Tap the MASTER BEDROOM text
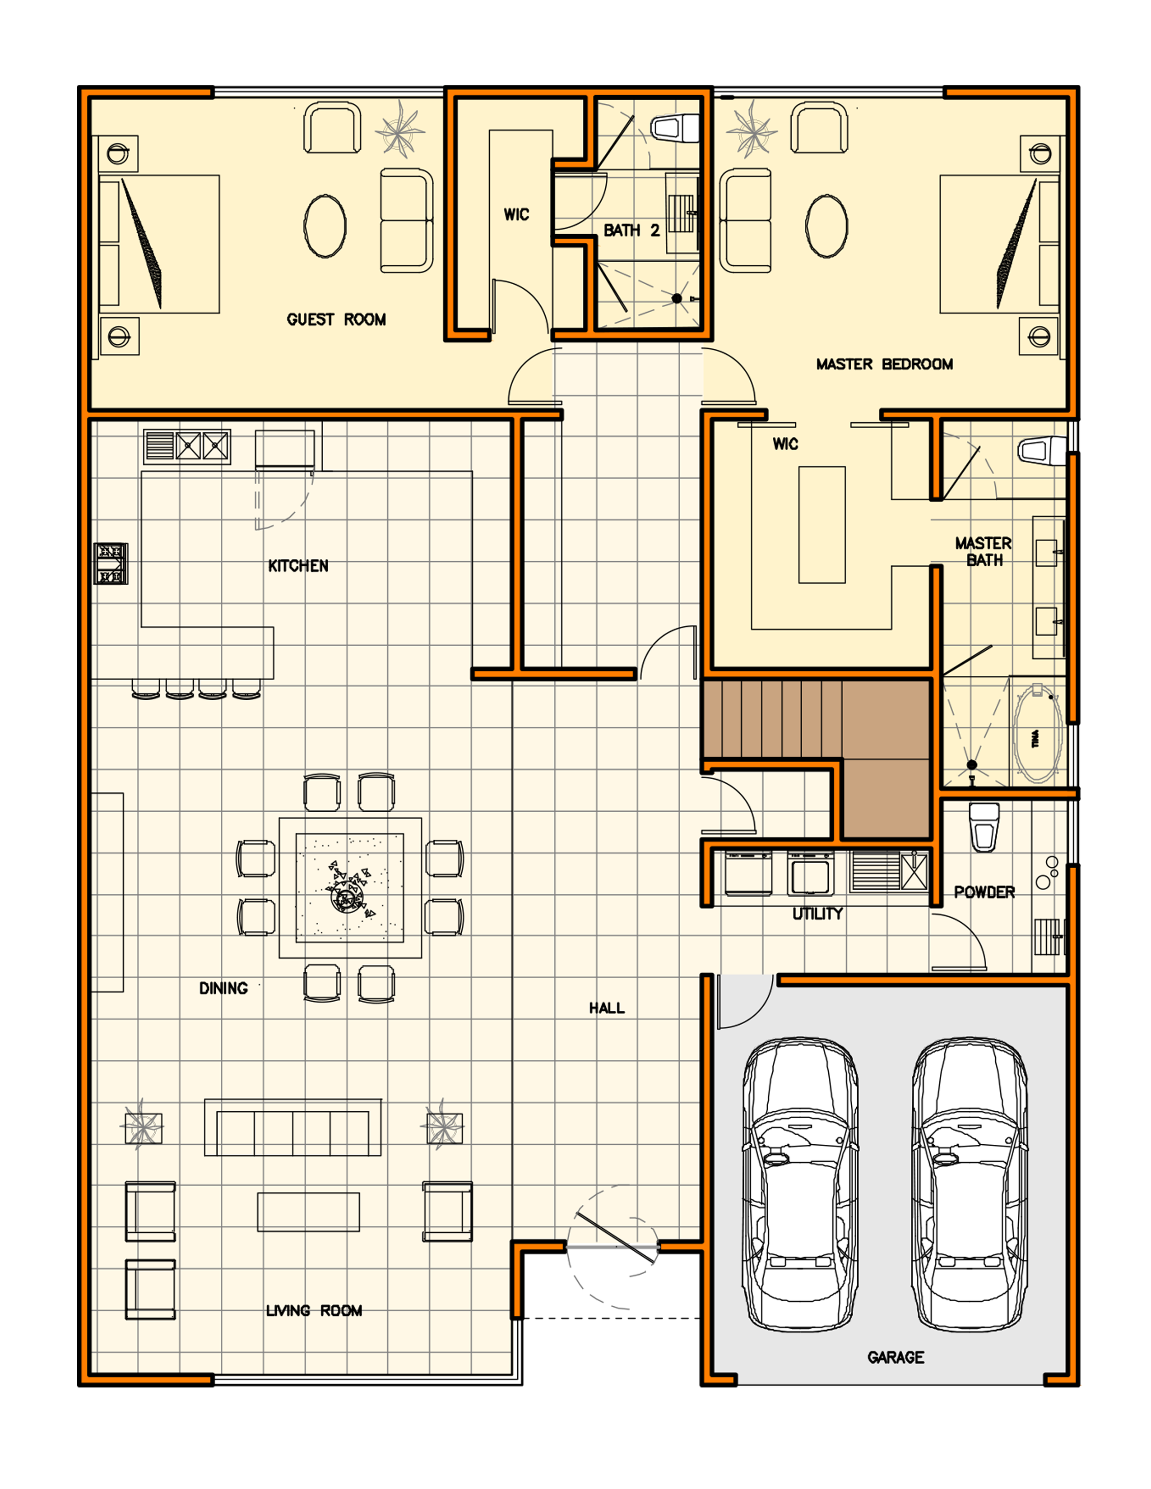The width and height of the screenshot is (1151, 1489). (884, 364)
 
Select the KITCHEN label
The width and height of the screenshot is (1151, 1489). (298, 566)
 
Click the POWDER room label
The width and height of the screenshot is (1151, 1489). (984, 892)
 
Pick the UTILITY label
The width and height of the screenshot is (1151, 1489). (817, 914)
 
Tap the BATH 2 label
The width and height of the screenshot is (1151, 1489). (631, 231)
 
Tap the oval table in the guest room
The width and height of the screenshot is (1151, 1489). (325, 227)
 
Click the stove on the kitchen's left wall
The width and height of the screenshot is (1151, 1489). (111, 563)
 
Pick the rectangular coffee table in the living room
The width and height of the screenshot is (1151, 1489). (308, 1212)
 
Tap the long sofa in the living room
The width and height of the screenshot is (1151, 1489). (292, 1128)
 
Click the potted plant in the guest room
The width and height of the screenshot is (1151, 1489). (399, 129)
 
